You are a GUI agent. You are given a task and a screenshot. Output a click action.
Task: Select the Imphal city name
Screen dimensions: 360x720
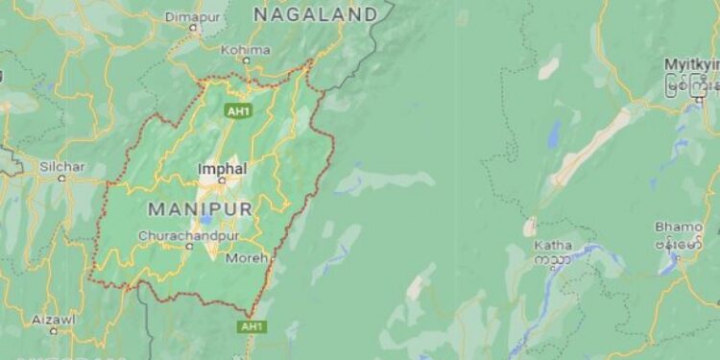(x=222, y=168)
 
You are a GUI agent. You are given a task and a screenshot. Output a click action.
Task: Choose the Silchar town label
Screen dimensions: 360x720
(x=62, y=166)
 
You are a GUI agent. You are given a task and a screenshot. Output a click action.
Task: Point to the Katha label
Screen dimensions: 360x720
(x=554, y=246)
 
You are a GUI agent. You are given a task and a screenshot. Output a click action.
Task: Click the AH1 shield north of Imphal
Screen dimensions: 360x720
(x=237, y=111)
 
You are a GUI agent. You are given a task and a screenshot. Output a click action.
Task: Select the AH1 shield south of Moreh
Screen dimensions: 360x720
(x=252, y=327)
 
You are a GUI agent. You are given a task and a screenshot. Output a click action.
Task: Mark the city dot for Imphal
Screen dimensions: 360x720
(x=222, y=180)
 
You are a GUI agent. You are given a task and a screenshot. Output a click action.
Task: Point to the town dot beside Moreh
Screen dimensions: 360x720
(x=271, y=258)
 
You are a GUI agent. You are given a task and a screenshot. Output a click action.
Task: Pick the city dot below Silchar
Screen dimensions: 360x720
(x=62, y=178)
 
